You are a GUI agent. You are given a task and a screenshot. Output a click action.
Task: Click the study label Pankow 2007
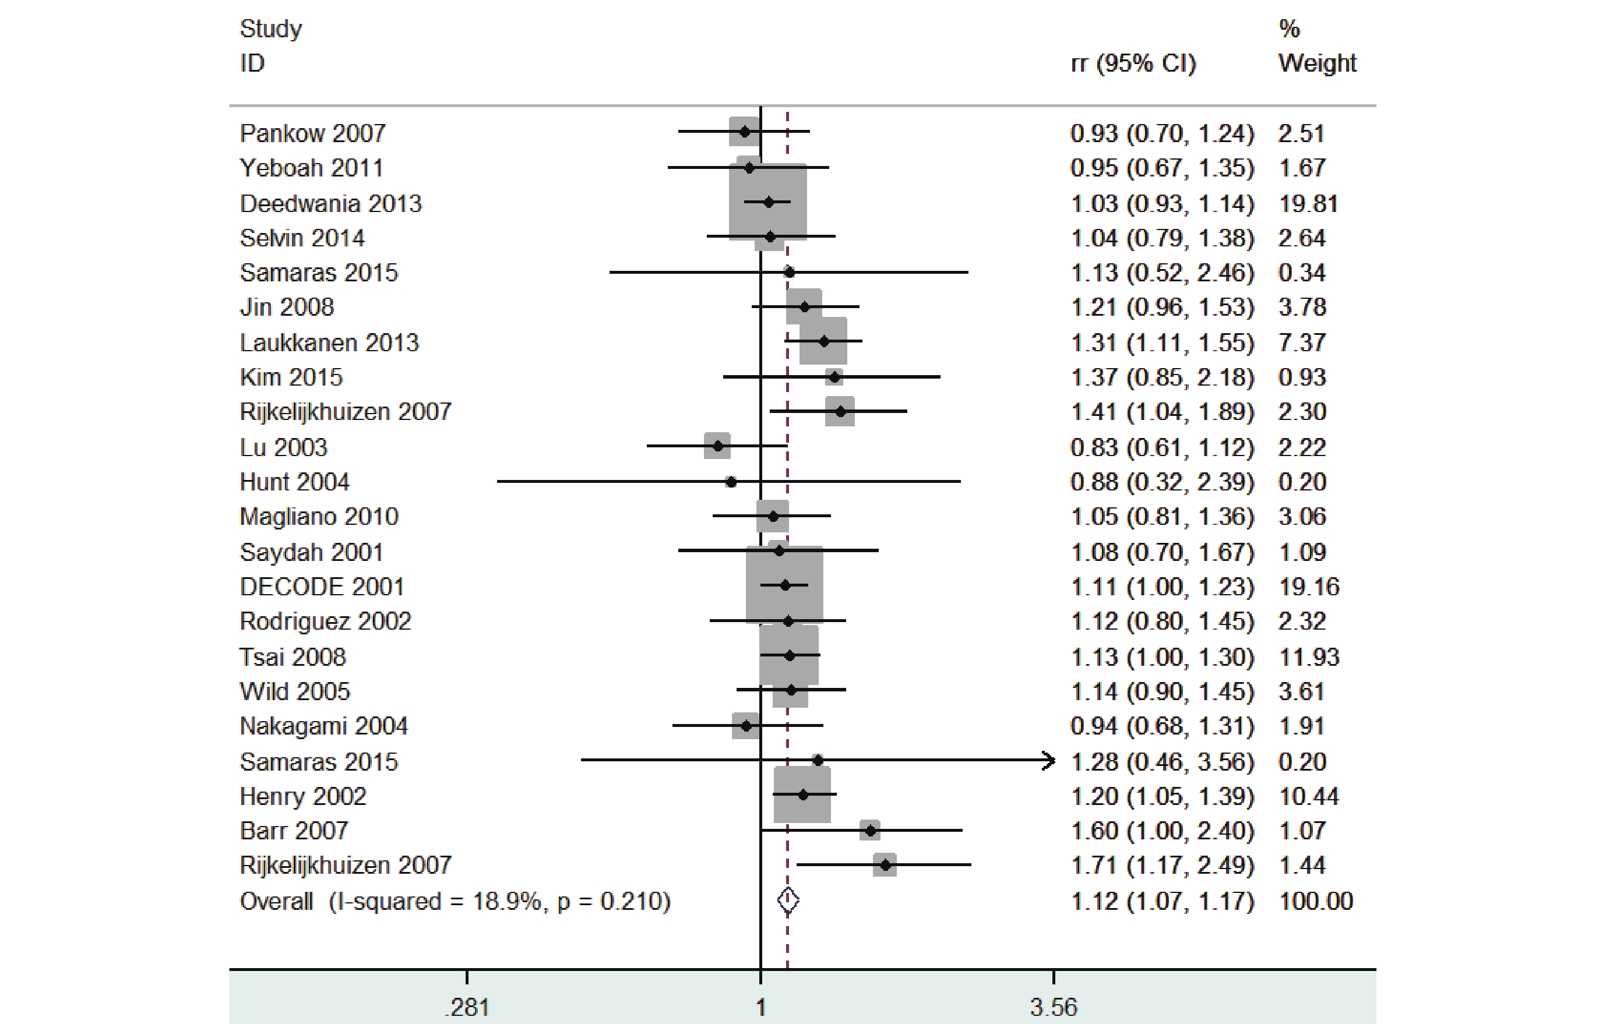pos(312,133)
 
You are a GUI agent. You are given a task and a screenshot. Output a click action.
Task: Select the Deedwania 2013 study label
pos(331,203)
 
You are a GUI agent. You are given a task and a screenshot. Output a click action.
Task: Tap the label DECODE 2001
pos(322,587)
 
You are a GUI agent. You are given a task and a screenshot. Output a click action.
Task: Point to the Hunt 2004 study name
pos(294,481)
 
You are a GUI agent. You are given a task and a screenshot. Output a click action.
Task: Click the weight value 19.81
pos(1308,203)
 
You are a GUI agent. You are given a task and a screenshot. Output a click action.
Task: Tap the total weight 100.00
pos(1315,901)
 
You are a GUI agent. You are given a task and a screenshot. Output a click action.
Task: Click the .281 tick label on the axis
pos(467,1007)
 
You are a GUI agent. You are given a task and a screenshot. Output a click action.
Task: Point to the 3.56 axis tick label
pos(1053,1007)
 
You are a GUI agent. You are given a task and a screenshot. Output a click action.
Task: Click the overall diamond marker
pos(788,901)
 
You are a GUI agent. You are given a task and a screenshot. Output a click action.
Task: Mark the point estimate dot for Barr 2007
pos(869,830)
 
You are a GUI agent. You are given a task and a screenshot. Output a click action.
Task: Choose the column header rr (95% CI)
pos(1133,63)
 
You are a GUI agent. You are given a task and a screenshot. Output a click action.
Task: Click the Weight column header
pos(1316,63)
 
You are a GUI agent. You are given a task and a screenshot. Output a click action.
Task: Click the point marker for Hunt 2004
pos(731,481)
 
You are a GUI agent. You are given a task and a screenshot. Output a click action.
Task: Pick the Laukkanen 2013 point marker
pos(823,341)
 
